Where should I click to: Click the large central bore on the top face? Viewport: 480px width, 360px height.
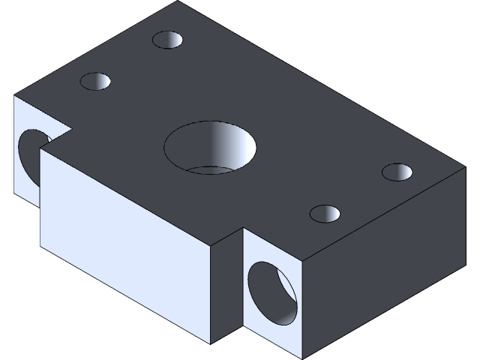tap(210, 147)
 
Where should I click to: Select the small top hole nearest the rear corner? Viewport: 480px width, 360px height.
tap(168, 40)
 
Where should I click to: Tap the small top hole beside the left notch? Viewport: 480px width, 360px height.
tap(96, 81)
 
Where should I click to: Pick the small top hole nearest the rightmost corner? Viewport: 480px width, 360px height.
tap(397, 172)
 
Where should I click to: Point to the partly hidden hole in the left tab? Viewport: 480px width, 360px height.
tap(30, 154)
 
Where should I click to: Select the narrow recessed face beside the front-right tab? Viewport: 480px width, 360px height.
tap(226, 289)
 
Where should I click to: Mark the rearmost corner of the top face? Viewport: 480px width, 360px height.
tap(178, 1)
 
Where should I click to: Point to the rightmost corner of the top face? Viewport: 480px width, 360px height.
tap(466, 168)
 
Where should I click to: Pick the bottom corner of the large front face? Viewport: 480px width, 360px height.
tap(212, 343)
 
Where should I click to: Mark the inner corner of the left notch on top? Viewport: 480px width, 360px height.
tap(72, 128)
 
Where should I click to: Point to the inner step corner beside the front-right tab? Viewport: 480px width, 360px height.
tap(242, 228)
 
